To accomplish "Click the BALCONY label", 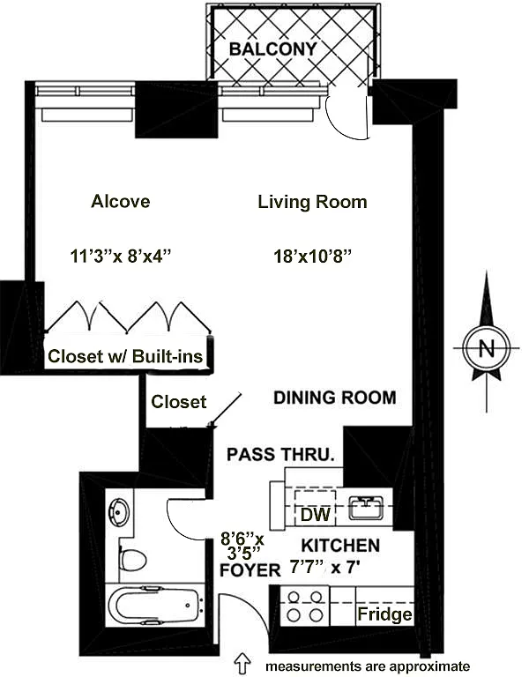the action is (x=273, y=48).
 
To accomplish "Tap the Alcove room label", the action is (x=121, y=201).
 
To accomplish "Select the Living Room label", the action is (x=312, y=202).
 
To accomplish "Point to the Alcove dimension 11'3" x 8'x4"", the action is (x=121, y=256).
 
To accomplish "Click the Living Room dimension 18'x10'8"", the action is (x=312, y=257).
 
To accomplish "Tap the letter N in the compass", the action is (x=487, y=347).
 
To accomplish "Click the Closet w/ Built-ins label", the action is (x=125, y=356).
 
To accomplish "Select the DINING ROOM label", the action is (x=335, y=398).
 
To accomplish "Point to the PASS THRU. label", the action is (x=280, y=454).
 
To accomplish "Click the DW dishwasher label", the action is (x=316, y=515).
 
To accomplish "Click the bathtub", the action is (x=155, y=605).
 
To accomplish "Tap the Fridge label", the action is (x=384, y=614).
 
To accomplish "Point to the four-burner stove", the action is (x=305, y=606).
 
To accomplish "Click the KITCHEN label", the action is (x=340, y=546).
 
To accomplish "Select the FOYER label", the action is (x=250, y=570).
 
